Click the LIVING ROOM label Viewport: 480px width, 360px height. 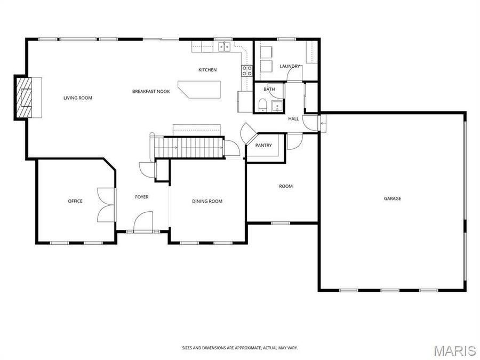click(78, 98)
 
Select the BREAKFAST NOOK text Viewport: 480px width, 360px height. click(151, 92)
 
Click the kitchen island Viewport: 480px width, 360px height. click(200, 89)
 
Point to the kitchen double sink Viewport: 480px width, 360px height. click(225, 47)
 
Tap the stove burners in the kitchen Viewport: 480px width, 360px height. click(247, 70)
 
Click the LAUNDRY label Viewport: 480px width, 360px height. click(290, 66)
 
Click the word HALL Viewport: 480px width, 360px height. click(293, 119)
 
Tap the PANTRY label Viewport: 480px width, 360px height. click(263, 145)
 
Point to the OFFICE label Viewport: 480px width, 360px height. click(75, 201)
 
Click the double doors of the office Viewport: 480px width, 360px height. click(106, 205)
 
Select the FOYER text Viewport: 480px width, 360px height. click(141, 197)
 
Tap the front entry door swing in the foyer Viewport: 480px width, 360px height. click(143, 221)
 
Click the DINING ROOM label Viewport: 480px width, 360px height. click(207, 201)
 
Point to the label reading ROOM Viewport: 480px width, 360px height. click(286, 186)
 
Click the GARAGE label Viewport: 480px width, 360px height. click(393, 198)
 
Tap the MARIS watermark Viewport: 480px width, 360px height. click(454, 350)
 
